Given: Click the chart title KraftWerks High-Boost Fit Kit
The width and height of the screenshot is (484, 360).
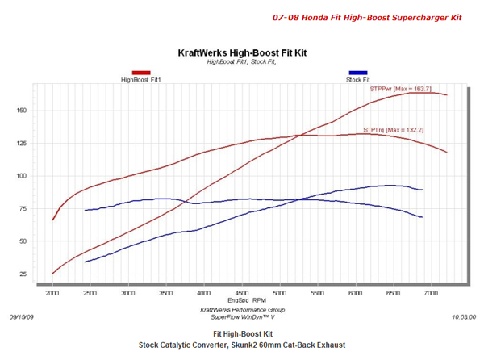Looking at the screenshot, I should point(241,53).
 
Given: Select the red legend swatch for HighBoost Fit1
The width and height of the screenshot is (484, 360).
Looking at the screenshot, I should point(141,73).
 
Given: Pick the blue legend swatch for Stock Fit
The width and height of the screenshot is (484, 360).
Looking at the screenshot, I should point(358,73).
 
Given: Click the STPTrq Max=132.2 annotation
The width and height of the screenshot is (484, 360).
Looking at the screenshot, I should point(394,129).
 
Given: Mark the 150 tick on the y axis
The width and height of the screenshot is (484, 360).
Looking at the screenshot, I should point(23,111).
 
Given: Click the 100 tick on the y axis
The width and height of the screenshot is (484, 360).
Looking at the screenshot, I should point(23,176).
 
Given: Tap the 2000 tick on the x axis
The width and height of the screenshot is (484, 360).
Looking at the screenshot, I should point(52,293).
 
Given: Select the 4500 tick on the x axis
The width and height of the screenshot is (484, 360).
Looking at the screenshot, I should point(241,293).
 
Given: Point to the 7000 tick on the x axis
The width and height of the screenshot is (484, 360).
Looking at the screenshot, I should point(431,293).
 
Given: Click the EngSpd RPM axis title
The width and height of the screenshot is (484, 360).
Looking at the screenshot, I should point(241,301).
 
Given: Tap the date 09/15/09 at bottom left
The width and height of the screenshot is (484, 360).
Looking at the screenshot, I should point(22,317).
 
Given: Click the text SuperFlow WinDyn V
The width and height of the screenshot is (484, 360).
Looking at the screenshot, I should point(241,316).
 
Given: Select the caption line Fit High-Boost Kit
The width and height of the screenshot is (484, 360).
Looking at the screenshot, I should point(241,333).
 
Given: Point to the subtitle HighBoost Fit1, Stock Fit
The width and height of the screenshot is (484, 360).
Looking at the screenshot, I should point(241,61).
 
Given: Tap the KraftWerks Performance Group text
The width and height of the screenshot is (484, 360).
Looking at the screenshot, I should point(241,309).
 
